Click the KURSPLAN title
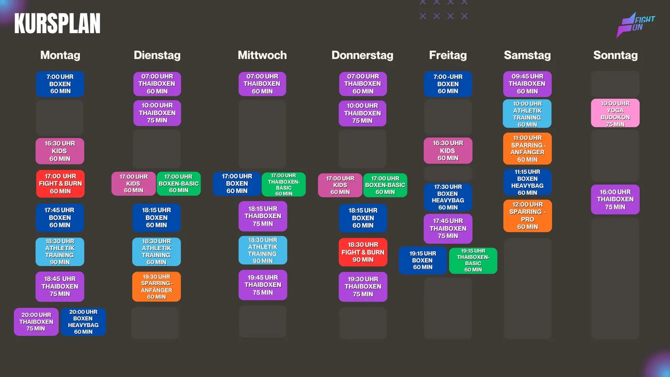click(x=57, y=23)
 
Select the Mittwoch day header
click(x=262, y=55)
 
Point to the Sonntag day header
click(x=615, y=55)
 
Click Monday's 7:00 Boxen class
click(x=60, y=84)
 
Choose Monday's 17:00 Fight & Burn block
click(x=60, y=184)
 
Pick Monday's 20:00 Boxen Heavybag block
click(x=83, y=322)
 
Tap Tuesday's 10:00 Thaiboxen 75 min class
click(x=157, y=113)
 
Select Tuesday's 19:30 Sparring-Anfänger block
click(x=157, y=287)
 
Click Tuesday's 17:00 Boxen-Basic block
click(x=178, y=183)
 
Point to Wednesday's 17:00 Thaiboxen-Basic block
click(x=283, y=184)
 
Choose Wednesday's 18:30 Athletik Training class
click(x=263, y=250)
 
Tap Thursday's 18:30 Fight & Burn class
click(x=363, y=252)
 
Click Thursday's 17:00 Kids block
click(x=340, y=185)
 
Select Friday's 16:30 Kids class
click(x=448, y=150)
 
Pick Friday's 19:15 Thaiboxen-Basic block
click(x=473, y=260)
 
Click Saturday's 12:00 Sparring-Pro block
click(x=528, y=216)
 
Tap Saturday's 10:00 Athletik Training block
click(x=527, y=114)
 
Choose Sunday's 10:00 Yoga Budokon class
click(x=615, y=114)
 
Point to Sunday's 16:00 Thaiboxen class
click(x=615, y=199)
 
